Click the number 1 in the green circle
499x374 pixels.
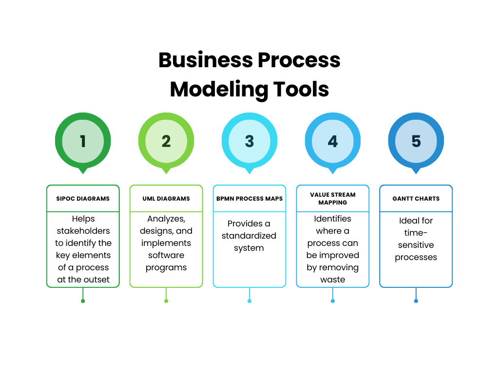coord(83,141)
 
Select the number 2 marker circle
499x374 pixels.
coord(166,141)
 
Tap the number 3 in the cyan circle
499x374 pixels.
coord(249,141)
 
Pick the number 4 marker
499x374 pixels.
coord(333,141)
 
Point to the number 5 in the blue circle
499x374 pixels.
coord(416,141)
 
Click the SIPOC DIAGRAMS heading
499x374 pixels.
coord(83,199)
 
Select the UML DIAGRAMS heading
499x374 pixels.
coord(166,199)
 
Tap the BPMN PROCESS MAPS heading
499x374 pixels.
coord(249,199)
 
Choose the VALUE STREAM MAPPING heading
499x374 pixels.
coord(333,198)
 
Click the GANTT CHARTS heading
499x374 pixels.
coord(416,199)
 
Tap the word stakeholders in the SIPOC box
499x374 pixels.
coord(83,231)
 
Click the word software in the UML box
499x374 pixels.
coord(166,255)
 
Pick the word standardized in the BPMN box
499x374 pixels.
coord(249,236)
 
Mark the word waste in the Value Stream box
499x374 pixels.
coord(333,280)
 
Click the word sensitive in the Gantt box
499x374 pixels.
coord(416,245)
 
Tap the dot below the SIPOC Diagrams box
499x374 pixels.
coord(83,301)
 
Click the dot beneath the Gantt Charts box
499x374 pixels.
coord(416,301)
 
